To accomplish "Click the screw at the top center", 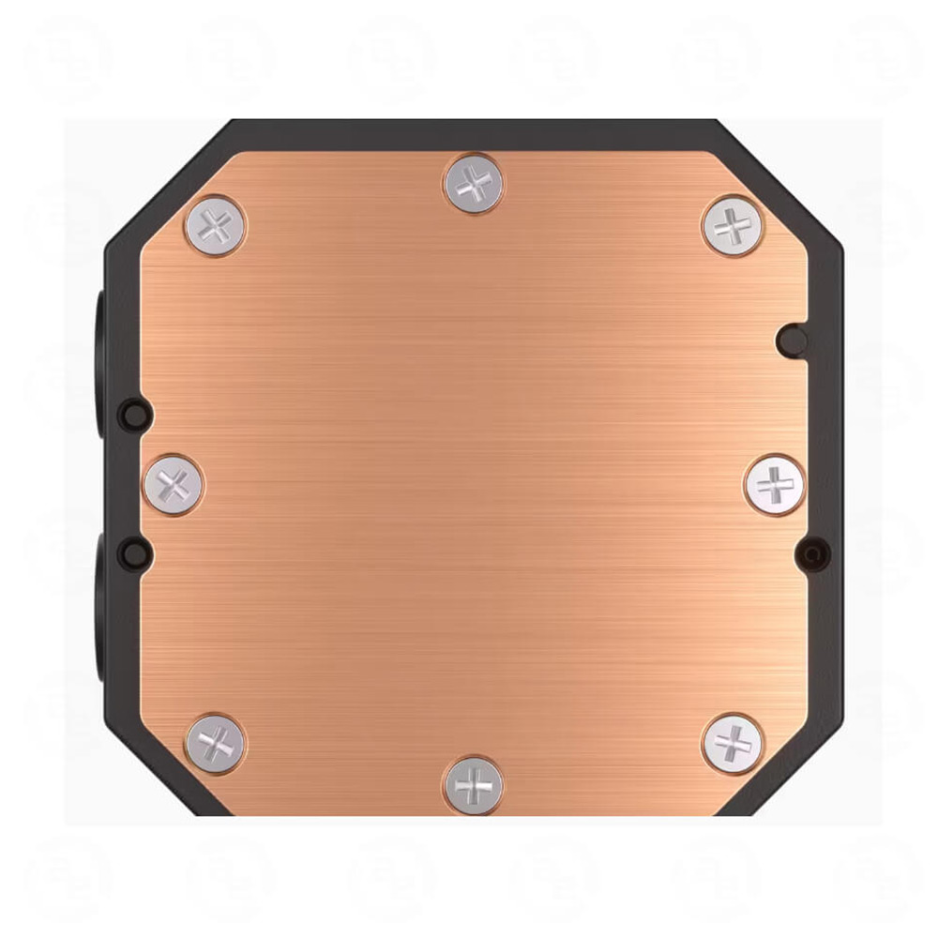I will click(473, 184).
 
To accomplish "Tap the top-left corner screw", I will click(215, 226).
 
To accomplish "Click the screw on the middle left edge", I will click(174, 484).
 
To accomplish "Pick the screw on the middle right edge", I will click(774, 484).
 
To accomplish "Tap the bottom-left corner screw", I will click(215, 743).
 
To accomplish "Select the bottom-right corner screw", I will click(733, 743).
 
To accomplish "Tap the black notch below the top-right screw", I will click(793, 340).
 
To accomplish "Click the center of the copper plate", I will click(474, 484).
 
